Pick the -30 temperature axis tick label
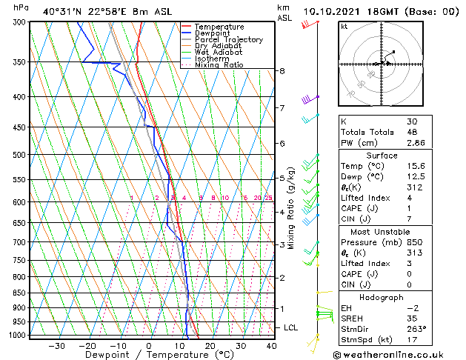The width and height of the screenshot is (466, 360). click(56, 346)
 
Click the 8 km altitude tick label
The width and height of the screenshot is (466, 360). click(282, 71)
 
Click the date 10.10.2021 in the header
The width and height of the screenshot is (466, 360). click(333, 12)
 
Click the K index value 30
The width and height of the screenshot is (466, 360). click(412, 121)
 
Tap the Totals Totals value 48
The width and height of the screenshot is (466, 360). click(412, 132)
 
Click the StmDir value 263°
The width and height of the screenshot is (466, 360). click(416, 329)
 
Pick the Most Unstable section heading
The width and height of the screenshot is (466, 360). click(382, 232)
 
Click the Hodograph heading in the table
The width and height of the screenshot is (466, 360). click(382, 297)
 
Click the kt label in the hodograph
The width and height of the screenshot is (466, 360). click(344, 27)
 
